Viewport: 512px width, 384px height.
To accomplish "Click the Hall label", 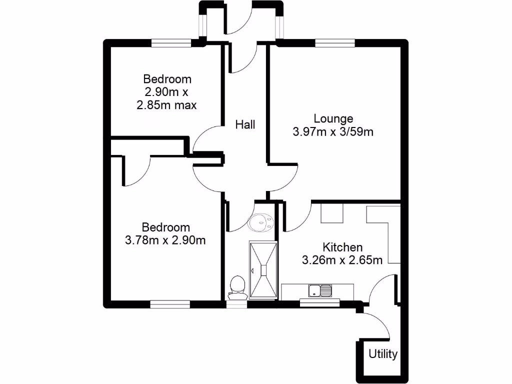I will click(x=245, y=124).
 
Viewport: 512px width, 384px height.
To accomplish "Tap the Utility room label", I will click(x=383, y=354).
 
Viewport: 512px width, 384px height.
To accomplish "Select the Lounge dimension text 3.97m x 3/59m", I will click(x=333, y=132).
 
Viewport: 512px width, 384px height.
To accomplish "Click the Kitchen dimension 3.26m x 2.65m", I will click(x=342, y=260).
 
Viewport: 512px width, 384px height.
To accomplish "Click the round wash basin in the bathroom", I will click(x=260, y=221).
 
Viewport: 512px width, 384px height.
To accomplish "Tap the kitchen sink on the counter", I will click(x=319, y=290).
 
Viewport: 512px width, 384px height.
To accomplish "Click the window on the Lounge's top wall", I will click(x=335, y=43).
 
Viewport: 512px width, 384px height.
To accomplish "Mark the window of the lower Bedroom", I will click(x=170, y=303).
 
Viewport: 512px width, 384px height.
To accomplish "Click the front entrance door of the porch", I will click(x=239, y=20).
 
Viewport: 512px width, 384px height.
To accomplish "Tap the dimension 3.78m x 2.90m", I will click(x=165, y=240).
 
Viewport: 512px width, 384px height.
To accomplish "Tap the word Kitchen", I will click(x=342, y=247).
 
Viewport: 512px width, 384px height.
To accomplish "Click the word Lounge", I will click(x=333, y=118).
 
